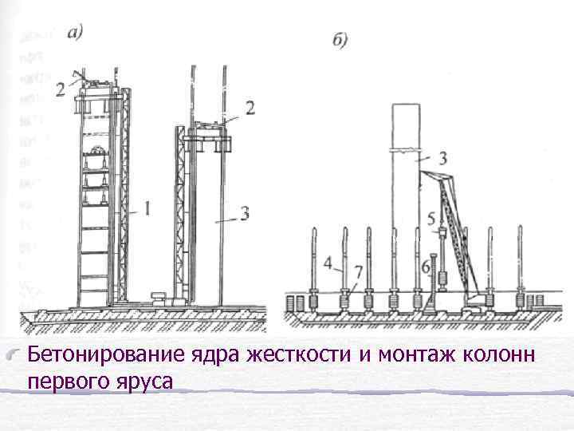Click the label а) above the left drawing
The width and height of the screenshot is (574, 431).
pos(77,33)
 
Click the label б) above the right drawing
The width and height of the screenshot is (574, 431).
pos(340,41)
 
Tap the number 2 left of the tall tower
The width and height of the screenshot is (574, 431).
pos(61,90)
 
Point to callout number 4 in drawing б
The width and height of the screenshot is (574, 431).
pos(328,262)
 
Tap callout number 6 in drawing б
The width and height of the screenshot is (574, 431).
pos(425,263)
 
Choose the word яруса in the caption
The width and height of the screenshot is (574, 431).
pos(144,383)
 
